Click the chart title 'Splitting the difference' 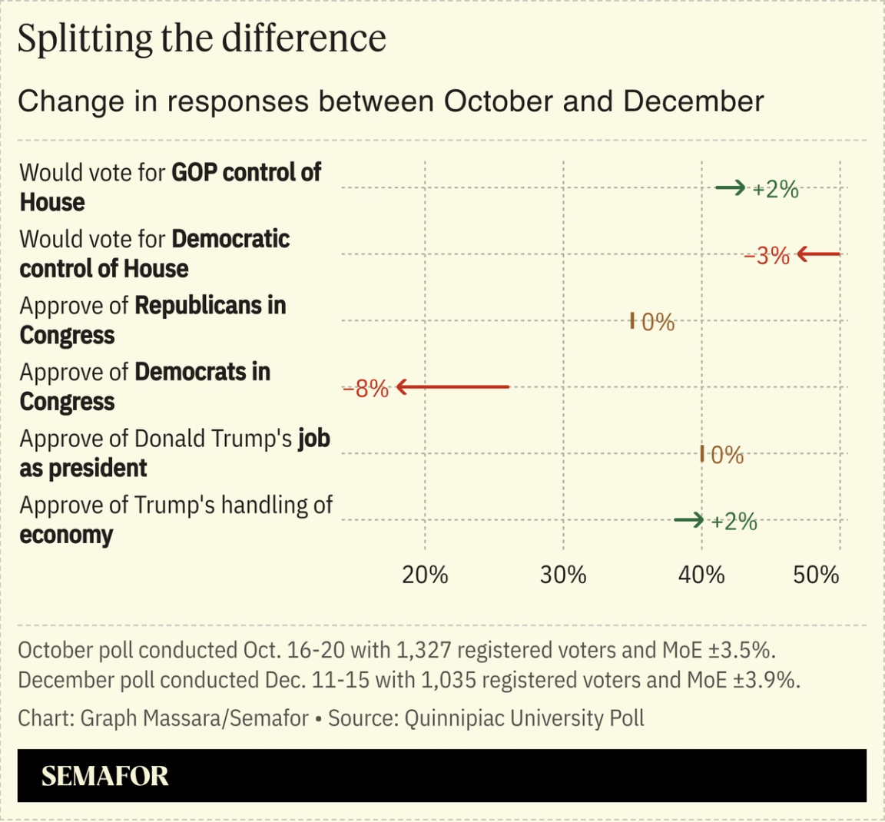[x=201, y=38]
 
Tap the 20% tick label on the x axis [x=425, y=575]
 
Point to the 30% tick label [x=563, y=575]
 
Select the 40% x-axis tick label [x=701, y=575]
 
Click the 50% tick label [x=816, y=575]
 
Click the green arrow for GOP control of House [x=730, y=187]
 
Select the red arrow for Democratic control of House [x=819, y=254]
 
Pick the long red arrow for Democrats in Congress [x=452, y=387]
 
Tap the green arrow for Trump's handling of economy [x=688, y=521]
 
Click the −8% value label [x=366, y=389]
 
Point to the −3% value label [x=767, y=256]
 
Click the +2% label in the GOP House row [x=776, y=189]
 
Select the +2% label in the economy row [x=734, y=522]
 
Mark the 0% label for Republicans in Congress [x=658, y=323]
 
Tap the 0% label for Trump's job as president [x=727, y=456]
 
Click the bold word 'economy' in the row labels [x=66, y=535]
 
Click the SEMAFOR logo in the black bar [x=104, y=776]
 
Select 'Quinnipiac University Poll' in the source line [x=524, y=718]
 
